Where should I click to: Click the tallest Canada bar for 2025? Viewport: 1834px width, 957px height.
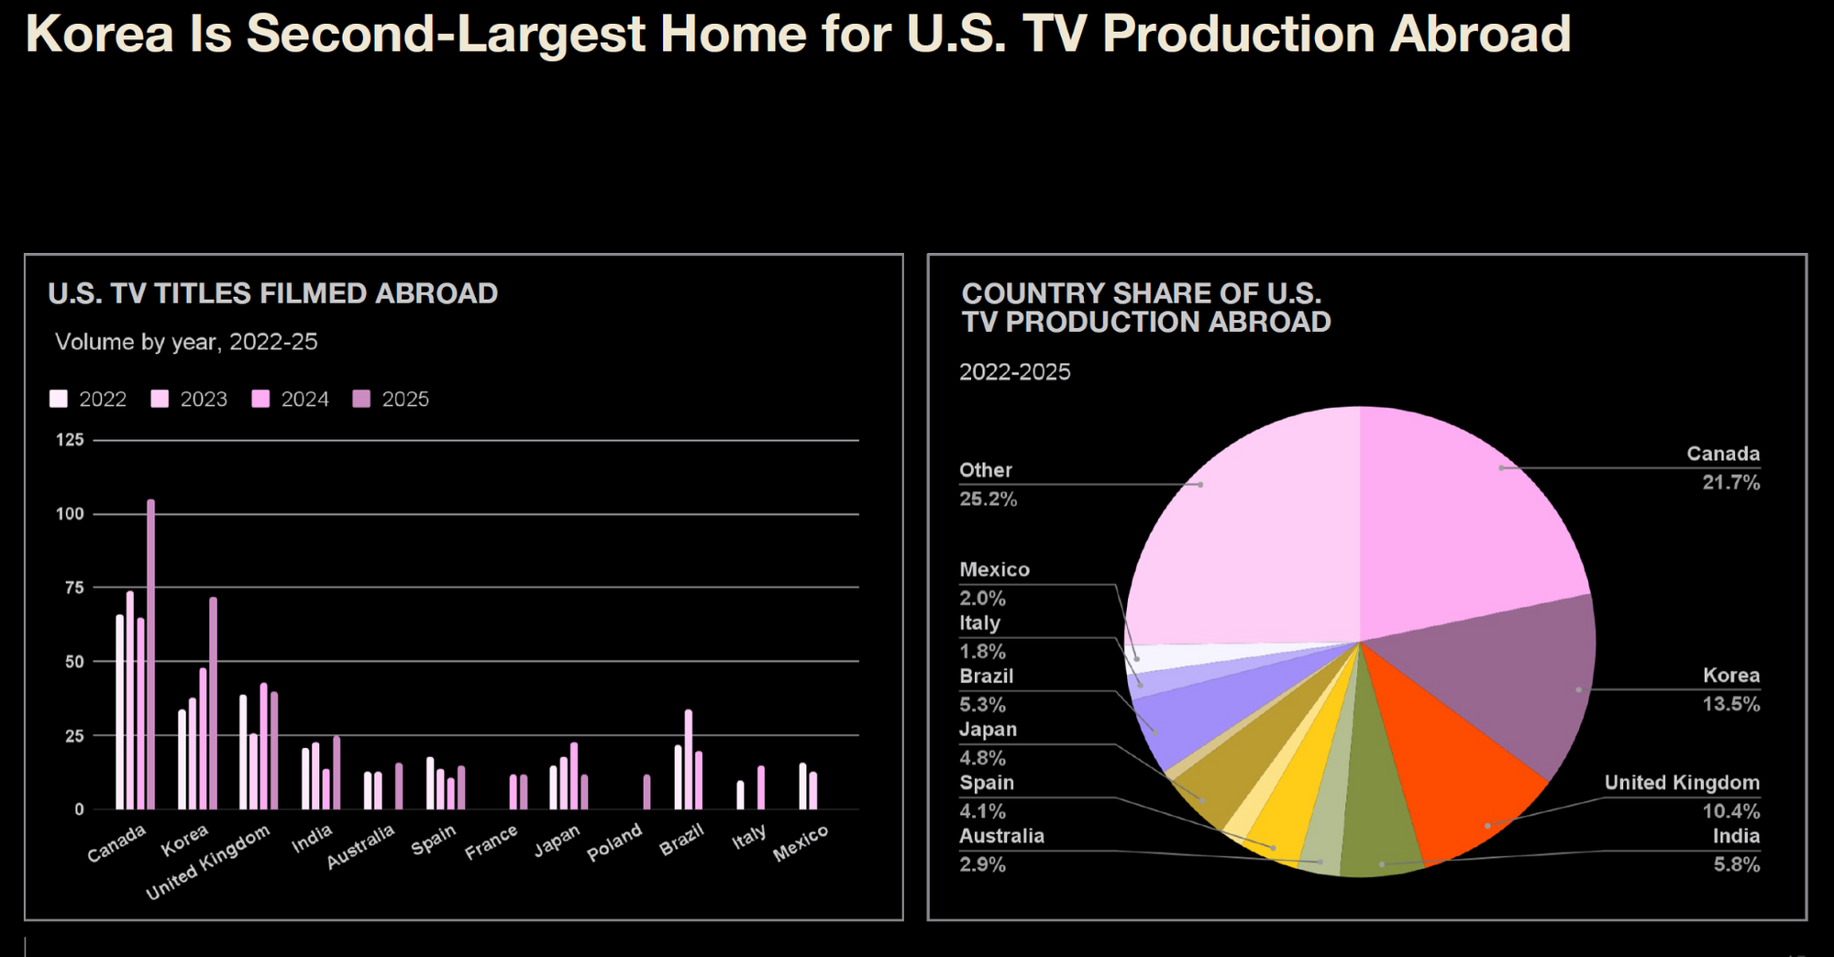point(151,654)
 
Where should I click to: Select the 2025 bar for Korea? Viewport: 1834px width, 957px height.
point(214,703)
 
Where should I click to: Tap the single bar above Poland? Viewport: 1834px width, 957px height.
point(647,792)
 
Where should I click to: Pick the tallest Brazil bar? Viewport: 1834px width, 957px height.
point(689,759)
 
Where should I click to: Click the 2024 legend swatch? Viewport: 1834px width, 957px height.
point(261,399)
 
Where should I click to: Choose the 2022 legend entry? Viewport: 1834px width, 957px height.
point(88,399)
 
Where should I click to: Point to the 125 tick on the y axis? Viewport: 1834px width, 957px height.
point(70,440)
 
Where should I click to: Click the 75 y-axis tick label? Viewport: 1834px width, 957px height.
point(74,588)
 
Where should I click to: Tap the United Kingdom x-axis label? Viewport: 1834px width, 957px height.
point(208,862)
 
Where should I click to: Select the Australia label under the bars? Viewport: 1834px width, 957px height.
point(360,846)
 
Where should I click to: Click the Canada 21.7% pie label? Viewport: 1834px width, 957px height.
point(1723,467)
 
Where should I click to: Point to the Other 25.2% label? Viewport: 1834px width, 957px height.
point(988,484)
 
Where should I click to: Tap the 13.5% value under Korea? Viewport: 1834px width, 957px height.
point(1731,704)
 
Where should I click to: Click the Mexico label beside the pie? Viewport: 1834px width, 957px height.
point(994,569)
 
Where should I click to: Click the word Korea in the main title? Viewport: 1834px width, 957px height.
point(100,34)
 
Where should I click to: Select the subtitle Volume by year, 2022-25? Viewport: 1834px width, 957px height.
point(186,342)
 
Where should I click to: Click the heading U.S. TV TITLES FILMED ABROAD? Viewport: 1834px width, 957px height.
point(273,293)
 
